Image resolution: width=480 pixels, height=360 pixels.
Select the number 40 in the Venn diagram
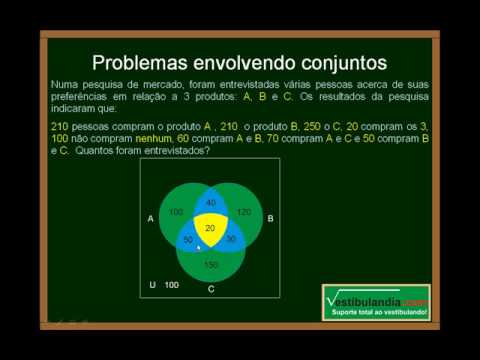(x=210, y=204)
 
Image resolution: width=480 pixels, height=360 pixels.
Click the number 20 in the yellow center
(x=209, y=229)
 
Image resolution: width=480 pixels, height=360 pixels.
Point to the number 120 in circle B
(x=245, y=214)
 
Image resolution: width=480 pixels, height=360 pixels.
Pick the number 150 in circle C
(x=210, y=264)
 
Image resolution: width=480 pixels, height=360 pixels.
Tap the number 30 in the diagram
(x=230, y=240)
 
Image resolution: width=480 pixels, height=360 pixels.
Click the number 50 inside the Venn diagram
(x=187, y=240)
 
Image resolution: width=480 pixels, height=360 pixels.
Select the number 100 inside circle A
(x=176, y=214)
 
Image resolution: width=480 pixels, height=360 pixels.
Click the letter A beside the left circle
(x=150, y=217)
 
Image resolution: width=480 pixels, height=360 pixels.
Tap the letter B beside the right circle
(x=270, y=217)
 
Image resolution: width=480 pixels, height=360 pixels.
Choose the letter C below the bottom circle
(x=210, y=289)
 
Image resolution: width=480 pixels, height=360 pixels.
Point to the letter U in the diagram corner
(x=151, y=285)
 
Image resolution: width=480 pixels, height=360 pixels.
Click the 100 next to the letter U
(x=171, y=285)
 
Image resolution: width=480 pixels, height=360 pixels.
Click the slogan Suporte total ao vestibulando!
(x=380, y=313)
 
